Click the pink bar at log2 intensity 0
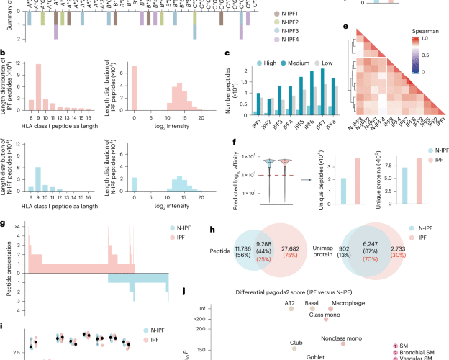point(134,89)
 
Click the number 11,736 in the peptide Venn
point(244,248)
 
